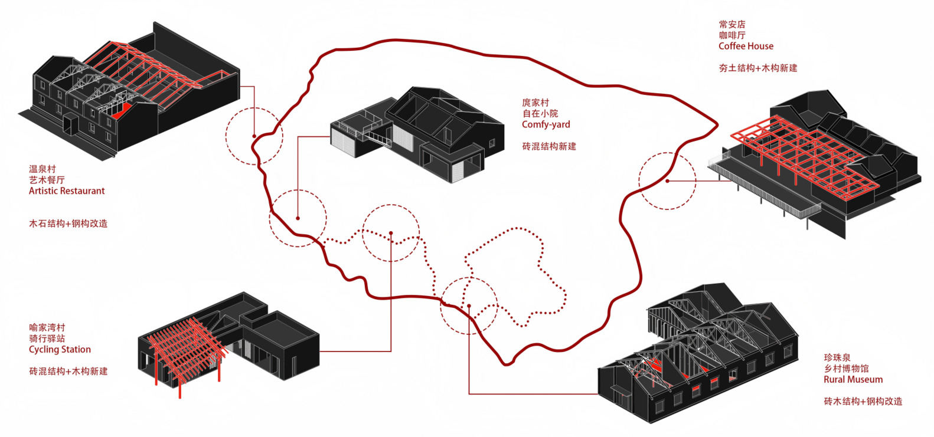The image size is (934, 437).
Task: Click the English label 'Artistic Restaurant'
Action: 67,191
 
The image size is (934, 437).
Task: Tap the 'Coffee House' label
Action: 746,46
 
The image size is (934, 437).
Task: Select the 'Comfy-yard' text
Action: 546,124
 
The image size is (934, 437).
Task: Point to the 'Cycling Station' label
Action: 60,349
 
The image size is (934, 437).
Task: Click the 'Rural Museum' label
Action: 853,379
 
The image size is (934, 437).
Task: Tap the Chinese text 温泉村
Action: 43,169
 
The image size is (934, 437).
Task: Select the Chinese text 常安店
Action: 732,24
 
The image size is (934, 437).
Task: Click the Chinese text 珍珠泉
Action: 837,357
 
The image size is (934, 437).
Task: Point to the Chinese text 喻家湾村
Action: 47,327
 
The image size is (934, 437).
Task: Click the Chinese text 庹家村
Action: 535,103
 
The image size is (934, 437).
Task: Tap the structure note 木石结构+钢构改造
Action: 68,224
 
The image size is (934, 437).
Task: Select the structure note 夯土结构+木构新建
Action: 757,68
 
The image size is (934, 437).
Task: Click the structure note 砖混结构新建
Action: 548,146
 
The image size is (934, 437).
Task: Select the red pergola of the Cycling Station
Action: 183,348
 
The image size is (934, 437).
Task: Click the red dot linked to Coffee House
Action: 667,180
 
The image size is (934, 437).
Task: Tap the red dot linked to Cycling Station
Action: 391,234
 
